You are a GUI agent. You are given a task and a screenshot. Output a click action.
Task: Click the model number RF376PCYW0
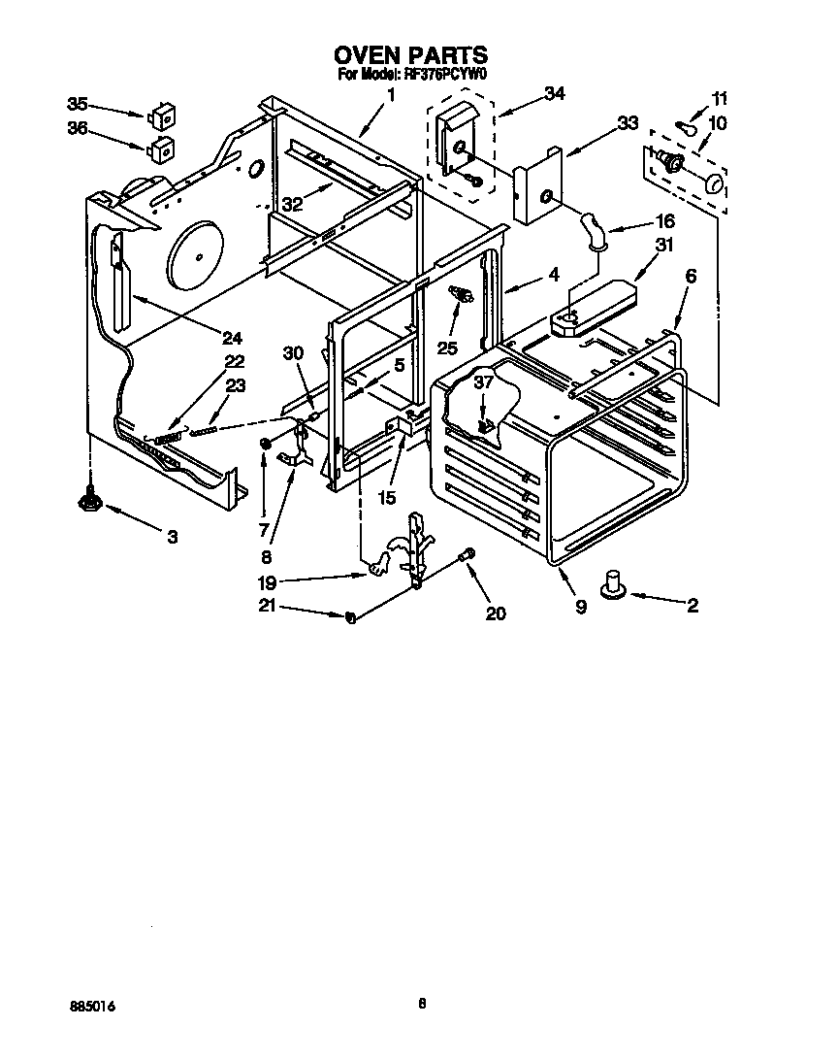(x=445, y=73)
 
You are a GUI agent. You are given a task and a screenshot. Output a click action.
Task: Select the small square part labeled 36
(x=162, y=150)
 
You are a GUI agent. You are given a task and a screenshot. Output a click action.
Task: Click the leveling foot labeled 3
(x=91, y=499)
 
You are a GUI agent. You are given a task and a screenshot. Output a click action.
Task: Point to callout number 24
(x=231, y=338)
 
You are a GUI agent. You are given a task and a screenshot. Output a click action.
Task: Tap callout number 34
(x=554, y=93)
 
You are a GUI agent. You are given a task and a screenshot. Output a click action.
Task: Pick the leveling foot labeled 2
(x=613, y=585)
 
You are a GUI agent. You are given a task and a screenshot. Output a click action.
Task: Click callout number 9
(x=580, y=607)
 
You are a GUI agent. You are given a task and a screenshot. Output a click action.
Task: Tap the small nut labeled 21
(x=351, y=616)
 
